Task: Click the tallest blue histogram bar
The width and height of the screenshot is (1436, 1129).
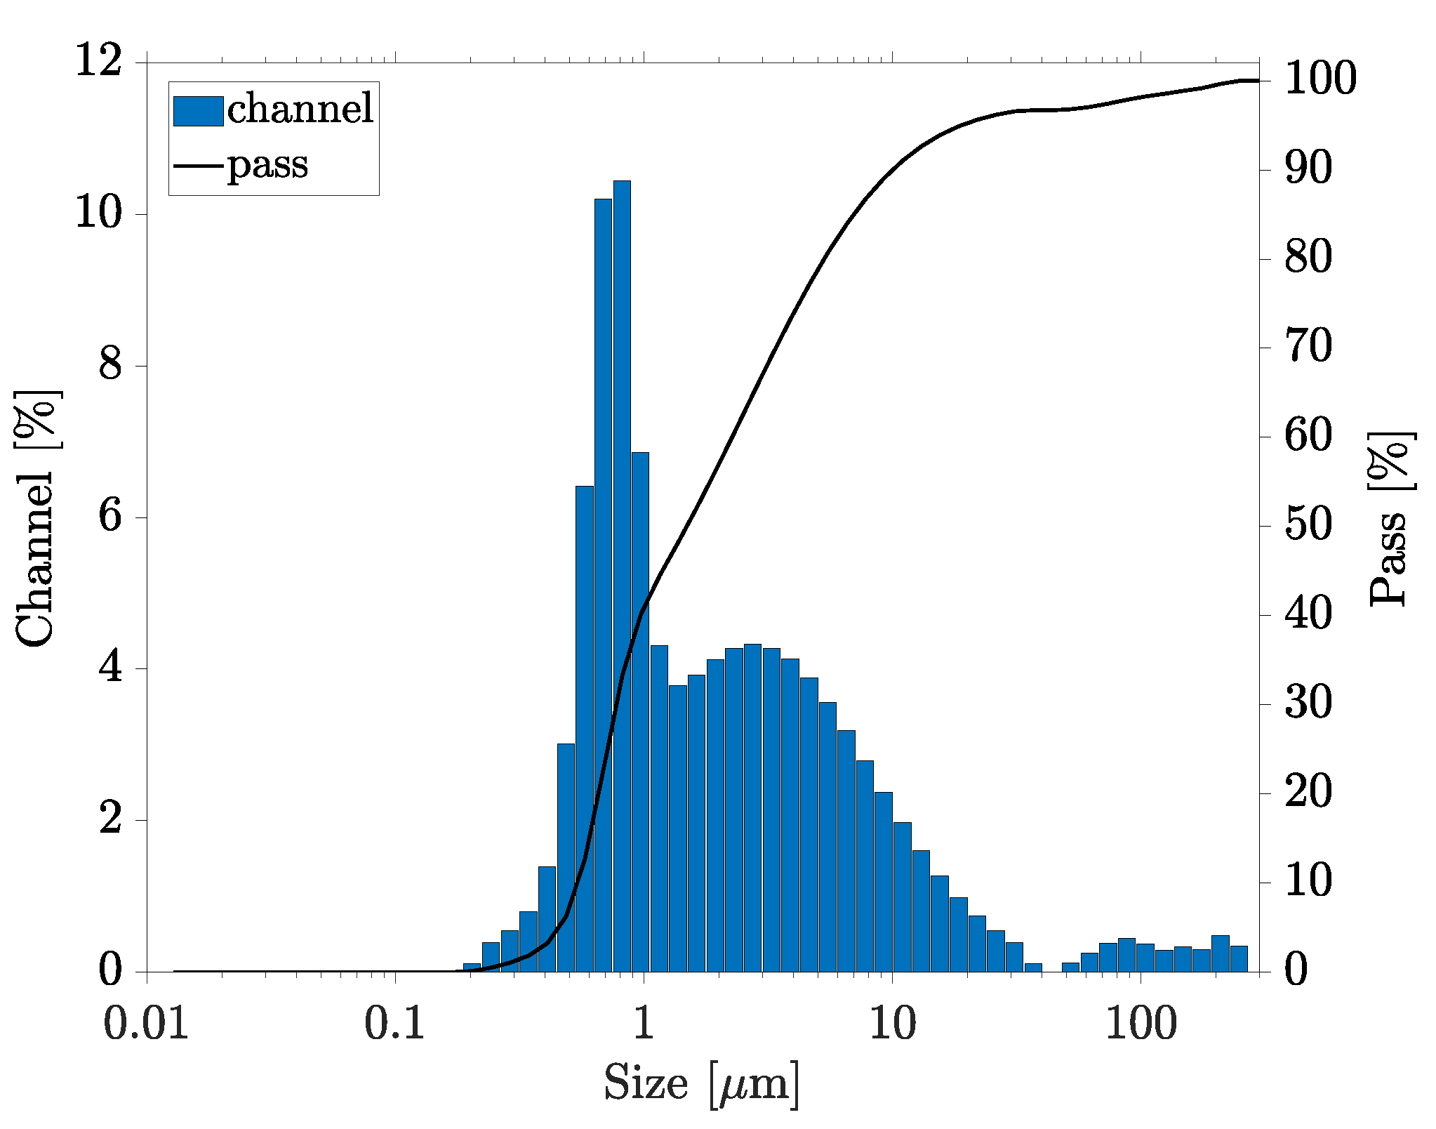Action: [622, 576]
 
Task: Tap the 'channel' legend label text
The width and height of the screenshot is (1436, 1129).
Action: [300, 109]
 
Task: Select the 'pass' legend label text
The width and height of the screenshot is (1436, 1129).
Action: [267, 165]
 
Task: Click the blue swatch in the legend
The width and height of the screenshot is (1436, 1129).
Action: [198, 111]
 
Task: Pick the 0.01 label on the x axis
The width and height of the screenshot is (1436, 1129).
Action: [146, 1024]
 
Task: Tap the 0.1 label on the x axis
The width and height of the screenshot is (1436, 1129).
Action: [394, 1024]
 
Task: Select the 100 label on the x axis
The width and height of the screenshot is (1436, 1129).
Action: [1141, 1024]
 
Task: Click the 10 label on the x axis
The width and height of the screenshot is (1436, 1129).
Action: [893, 1024]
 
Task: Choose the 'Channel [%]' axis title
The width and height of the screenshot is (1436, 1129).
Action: [36, 518]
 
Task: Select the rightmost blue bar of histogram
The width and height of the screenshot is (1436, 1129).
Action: [1239, 959]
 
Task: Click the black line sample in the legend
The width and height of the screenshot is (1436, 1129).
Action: [198, 166]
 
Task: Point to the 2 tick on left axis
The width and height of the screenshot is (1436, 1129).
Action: [110, 819]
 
